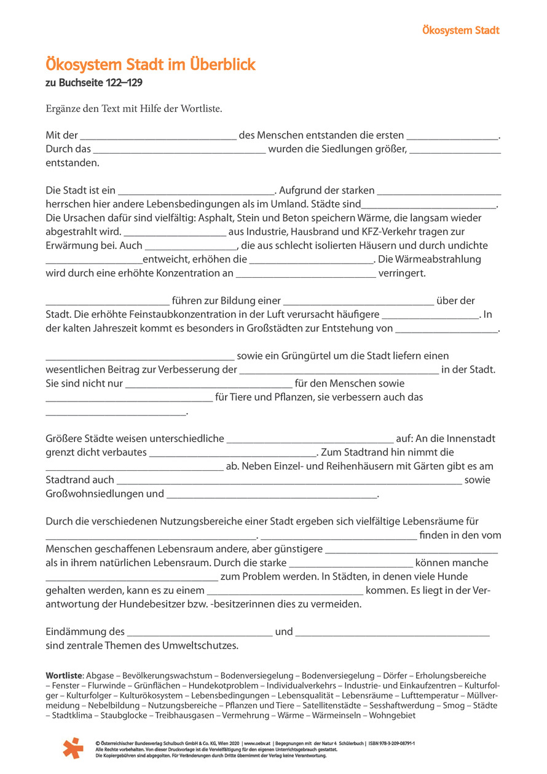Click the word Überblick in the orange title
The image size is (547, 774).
click(x=219, y=65)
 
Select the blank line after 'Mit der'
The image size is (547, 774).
click(x=158, y=136)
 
